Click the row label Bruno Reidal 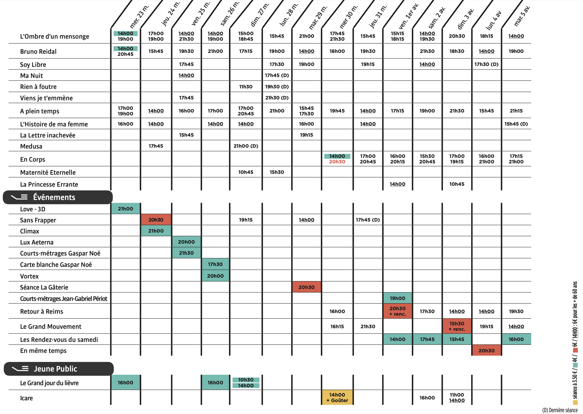tap(38, 51)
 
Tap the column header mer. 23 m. tap(139, 16)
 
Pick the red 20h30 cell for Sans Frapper tap(156, 220)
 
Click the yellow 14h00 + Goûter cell tap(337, 397)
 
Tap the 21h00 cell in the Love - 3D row tap(125, 209)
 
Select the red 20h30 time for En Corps tap(337, 162)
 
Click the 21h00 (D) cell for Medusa tap(246, 146)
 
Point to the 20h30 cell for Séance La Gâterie tap(306, 287)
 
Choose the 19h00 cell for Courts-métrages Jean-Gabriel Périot tap(397, 298)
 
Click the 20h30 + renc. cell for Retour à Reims tap(397, 311)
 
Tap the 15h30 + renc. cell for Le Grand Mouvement tap(457, 326)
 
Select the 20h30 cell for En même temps tap(486, 351)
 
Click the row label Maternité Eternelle tap(48, 172)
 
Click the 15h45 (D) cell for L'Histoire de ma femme tap(516, 124)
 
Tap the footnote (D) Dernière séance tap(560, 410)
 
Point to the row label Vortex tap(29, 276)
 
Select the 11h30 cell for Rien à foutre tap(246, 87)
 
